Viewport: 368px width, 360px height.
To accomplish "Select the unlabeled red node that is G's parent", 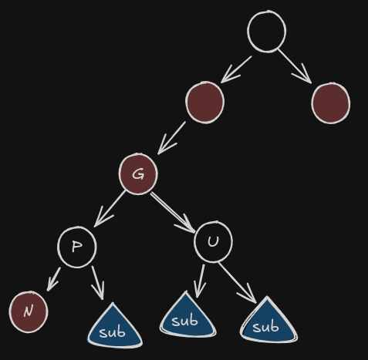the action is [x=204, y=103].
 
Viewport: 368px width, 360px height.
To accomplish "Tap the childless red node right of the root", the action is [x=331, y=103].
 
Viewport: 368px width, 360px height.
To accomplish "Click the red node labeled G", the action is [x=138, y=174].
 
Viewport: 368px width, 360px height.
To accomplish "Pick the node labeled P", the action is [x=77, y=247].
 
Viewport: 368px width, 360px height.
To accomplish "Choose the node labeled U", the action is [x=213, y=242].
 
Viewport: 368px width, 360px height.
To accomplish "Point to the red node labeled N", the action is [x=29, y=312].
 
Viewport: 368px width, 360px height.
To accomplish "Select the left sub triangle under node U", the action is [x=187, y=318].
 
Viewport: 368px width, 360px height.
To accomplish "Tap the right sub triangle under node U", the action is [x=268, y=324].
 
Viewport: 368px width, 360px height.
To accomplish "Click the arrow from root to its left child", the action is [x=236, y=69].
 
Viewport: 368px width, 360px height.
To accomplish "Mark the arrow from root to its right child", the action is [x=295, y=66].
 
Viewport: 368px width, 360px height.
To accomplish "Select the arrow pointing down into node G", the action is [x=171, y=138].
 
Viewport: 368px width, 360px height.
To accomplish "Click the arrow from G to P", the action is [x=110, y=209].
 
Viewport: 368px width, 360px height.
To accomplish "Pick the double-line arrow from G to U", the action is [x=173, y=213].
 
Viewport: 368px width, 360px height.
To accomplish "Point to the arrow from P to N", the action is [x=53, y=279].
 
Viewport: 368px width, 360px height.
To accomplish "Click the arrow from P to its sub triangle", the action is [x=98, y=283].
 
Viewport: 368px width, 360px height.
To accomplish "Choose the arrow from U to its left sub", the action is [x=200, y=281].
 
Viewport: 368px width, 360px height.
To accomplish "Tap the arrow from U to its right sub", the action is [x=237, y=283].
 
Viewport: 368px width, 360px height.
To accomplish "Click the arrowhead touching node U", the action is [x=187, y=226].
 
